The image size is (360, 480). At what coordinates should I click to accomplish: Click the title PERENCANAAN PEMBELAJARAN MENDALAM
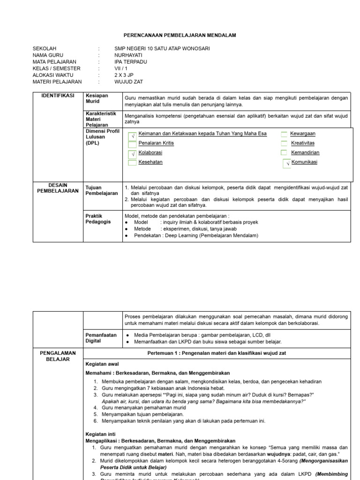[180, 35]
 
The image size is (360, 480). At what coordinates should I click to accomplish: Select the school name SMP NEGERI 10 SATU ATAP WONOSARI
[162, 49]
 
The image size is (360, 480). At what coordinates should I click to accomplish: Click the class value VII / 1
[121, 68]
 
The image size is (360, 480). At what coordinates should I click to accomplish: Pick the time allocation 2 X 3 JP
[124, 75]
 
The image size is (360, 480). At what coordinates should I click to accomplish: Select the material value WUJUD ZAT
[128, 82]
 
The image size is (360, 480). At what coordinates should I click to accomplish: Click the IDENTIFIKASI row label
[58, 96]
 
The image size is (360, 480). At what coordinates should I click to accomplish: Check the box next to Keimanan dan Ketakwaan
[132, 135]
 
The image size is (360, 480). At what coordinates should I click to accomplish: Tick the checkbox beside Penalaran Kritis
[132, 144]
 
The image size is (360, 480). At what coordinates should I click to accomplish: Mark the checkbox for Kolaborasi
[132, 153]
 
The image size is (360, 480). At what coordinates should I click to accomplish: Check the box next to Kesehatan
[132, 163]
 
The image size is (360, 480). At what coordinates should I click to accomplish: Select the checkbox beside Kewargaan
[284, 134]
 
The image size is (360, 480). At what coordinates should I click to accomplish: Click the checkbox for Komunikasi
[287, 164]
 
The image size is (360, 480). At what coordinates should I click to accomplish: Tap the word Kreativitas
[303, 143]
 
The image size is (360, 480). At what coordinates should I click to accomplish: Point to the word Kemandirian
[305, 152]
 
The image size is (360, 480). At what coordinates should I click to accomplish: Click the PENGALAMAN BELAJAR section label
[58, 355]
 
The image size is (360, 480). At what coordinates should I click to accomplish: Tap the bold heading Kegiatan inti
[100, 434]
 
